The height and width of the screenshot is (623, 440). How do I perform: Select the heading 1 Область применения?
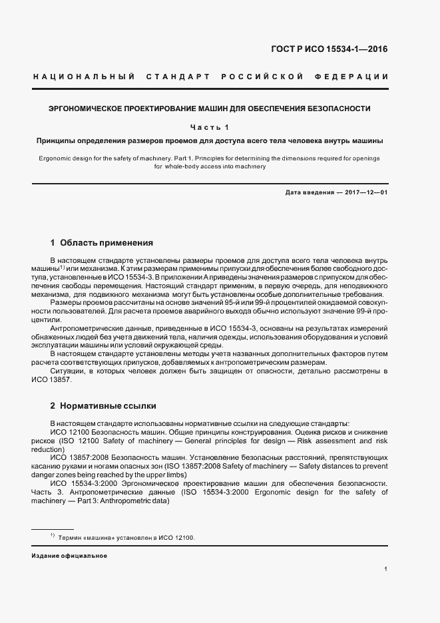coord(102,243)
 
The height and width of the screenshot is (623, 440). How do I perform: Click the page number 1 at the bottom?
coord(386,569)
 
